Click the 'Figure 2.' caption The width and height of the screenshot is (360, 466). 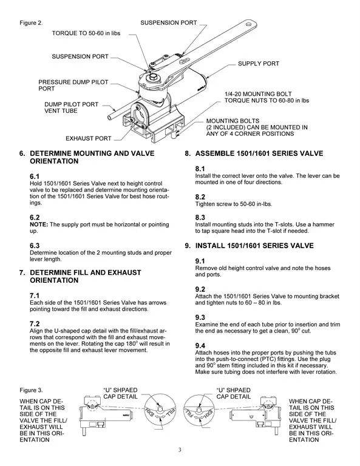tap(32, 23)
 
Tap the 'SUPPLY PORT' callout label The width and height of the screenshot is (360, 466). tap(258, 63)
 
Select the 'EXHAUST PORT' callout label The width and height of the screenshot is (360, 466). tap(88, 138)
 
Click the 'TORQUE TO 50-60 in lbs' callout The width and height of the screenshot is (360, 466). tap(90, 34)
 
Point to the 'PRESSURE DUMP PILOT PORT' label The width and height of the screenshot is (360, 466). tap(66, 85)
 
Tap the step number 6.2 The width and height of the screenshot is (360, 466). tap(35, 217)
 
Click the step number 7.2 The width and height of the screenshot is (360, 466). tap(35, 323)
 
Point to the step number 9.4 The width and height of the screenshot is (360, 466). tap(200, 345)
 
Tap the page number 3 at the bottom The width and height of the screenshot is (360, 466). tap(180, 450)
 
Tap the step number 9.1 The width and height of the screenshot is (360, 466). tap(200, 260)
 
